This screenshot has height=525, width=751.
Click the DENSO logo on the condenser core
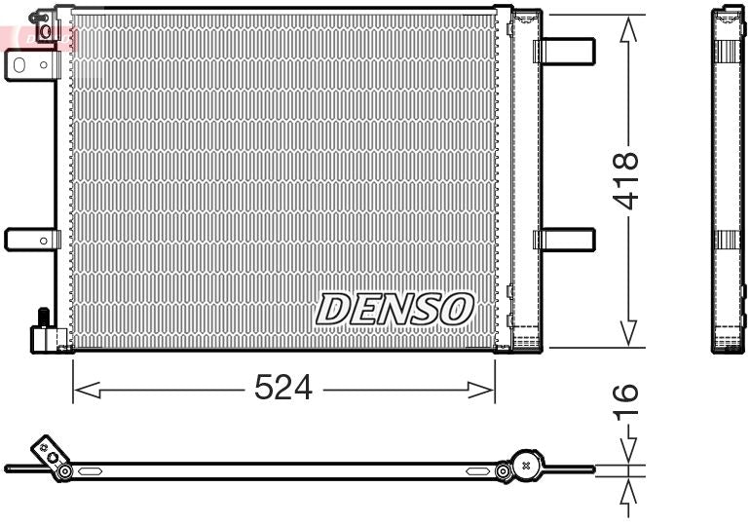pyautogui.click(x=394, y=309)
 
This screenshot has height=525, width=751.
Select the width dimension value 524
pyautogui.click(x=282, y=389)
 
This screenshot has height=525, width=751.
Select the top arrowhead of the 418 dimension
pyautogui.click(x=629, y=29)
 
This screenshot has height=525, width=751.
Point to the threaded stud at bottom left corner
pyautogui.click(x=43, y=318)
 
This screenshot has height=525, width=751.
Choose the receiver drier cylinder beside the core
pyautogui.click(x=526, y=180)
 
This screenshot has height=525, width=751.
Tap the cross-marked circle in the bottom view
pyautogui.click(x=527, y=466)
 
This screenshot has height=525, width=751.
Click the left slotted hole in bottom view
pyautogui.click(x=90, y=471)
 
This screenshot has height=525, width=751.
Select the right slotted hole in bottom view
pyautogui.click(x=477, y=471)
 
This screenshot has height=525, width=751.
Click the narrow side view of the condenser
pyautogui.click(x=728, y=180)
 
